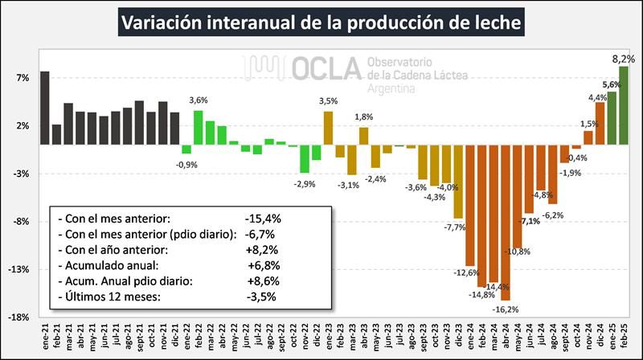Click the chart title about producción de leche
[x=321, y=22]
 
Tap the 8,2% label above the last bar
[x=623, y=59]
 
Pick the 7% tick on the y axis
[x=22, y=78]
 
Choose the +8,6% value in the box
[x=263, y=280]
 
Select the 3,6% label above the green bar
[x=199, y=100]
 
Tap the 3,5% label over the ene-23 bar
[x=329, y=101]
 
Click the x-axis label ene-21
[x=45, y=333]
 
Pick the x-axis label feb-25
[x=625, y=333]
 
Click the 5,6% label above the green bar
[x=612, y=84]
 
